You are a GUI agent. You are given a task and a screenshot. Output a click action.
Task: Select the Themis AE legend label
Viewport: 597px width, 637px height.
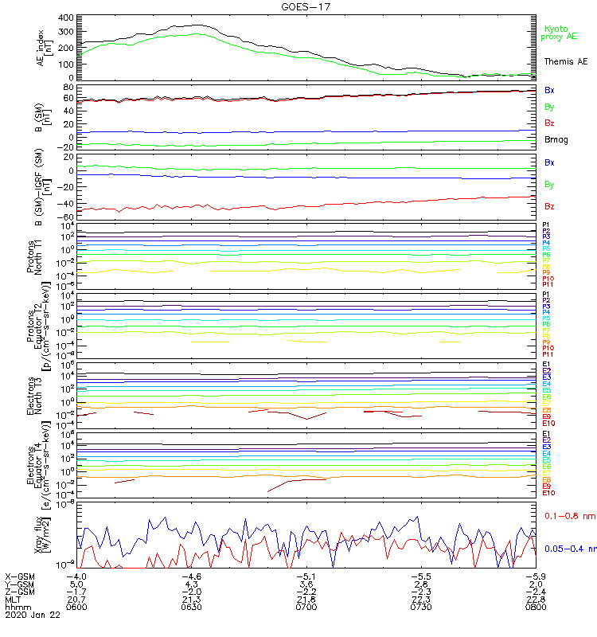coord(565,61)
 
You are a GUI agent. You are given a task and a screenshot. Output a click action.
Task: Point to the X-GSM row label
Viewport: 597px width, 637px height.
coord(21,575)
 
